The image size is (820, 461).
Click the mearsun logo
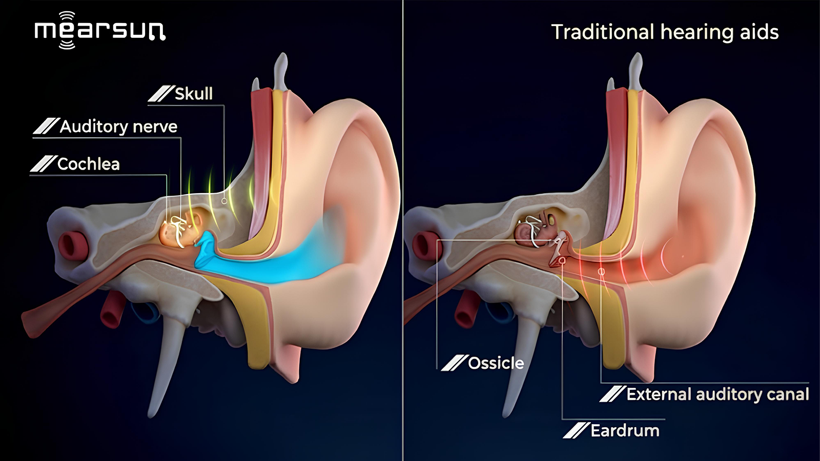click(100, 30)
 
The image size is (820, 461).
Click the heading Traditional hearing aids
click(665, 32)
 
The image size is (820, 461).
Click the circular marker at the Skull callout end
click(224, 201)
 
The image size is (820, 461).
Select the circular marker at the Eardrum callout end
click(562, 260)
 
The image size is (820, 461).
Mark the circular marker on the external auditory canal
click(601, 271)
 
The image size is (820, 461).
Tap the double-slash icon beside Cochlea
click(44, 164)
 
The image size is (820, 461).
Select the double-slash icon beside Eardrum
click(576, 431)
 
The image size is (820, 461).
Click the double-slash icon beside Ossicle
click(454, 363)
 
